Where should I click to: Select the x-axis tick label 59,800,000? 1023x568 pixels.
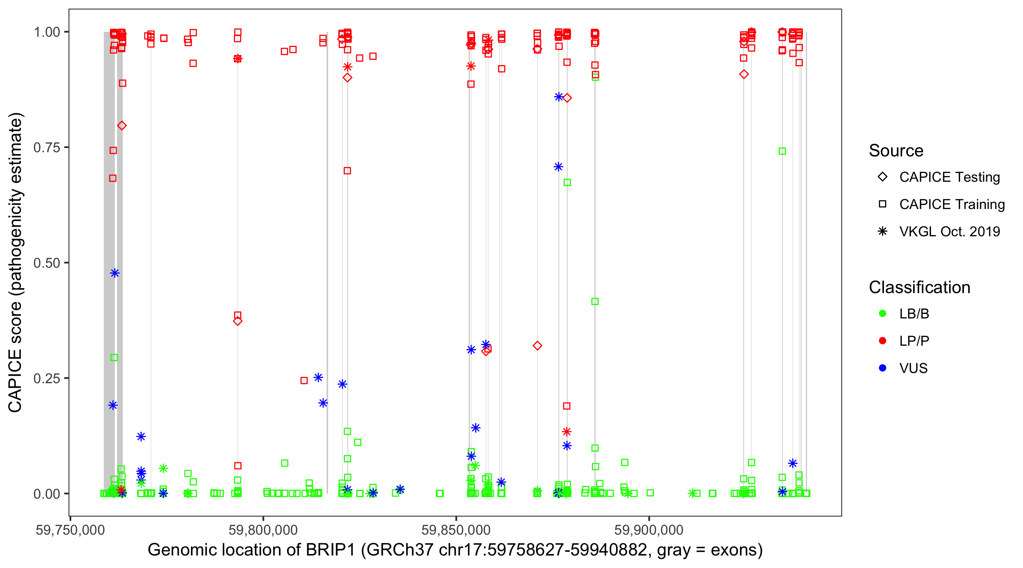coord(263,530)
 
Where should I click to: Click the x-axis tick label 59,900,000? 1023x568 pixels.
coord(649,530)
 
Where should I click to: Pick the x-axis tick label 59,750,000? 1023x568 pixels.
coord(70,530)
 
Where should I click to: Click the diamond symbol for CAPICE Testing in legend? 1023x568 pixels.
coord(882,177)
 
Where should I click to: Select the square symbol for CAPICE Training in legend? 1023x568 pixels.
coord(882,204)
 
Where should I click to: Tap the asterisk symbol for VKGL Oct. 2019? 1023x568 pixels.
coord(882,231)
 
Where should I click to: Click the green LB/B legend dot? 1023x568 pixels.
coord(882,314)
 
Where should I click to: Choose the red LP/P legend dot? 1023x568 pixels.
coord(882,341)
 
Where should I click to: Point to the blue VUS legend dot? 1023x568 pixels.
coord(882,368)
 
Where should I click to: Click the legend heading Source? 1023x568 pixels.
coord(896,151)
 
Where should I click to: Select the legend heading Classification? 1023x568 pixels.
coord(919,287)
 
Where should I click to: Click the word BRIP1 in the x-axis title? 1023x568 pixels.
coord(330,550)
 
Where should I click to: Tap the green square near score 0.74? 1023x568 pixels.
coord(782,151)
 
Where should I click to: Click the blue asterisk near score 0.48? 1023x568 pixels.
coord(115,273)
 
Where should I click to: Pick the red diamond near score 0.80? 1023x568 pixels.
coord(122,126)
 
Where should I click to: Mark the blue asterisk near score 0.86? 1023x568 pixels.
coord(559,97)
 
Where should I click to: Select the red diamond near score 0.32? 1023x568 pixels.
coord(537,346)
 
